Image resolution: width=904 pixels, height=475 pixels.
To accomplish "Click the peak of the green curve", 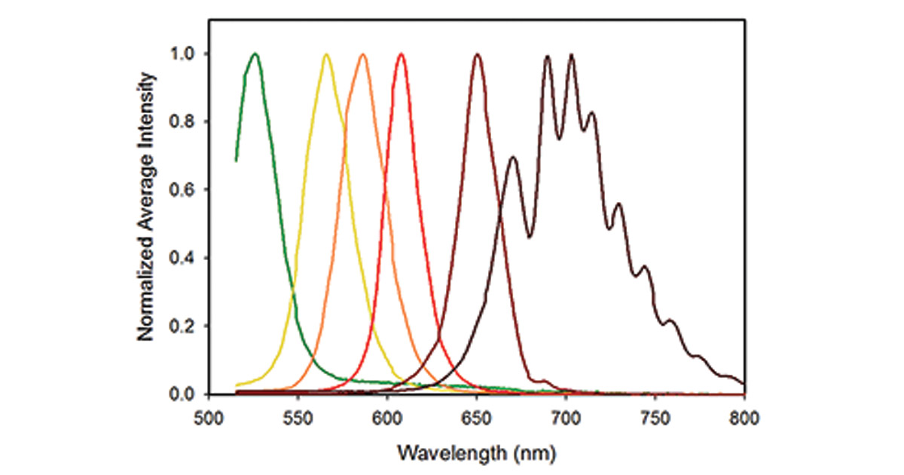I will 255,54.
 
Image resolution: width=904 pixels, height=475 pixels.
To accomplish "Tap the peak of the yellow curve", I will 326,54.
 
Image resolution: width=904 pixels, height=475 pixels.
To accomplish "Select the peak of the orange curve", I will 363,54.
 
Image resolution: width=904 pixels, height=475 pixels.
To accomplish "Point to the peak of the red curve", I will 401,54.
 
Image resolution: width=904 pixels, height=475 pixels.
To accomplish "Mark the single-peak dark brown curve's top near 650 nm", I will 477,54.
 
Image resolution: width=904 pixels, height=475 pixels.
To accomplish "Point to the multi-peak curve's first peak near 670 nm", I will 513,158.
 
